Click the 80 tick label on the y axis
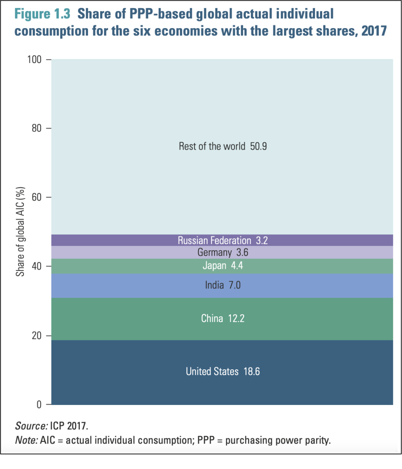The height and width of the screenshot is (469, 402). pyautogui.click(x=36, y=129)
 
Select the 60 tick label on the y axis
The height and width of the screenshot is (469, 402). pyautogui.click(x=36, y=198)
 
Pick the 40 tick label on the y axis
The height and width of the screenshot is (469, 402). pyautogui.click(x=36, y=267)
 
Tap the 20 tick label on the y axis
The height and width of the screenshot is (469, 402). pyautogui.click(x=36, y=336)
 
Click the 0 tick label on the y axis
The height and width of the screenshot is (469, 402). pyautogui.click(x=39, y=405)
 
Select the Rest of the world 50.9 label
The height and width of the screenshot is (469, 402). pyautogui.click(x=222, y=147)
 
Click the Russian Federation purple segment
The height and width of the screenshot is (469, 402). pyautogui.click(x=222, y=240)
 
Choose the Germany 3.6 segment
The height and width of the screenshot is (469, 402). pyautogui.click(x=222, y=252)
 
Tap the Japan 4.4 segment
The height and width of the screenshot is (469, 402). pyautogui.click(x=222, y=266)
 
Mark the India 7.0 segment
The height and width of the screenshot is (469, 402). pyautogui.click(x=222, y=285)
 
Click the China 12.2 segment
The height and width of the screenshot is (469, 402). pyautogui.click(x=222, y=319)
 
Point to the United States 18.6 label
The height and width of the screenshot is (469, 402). pyautogui.click(x=222, y=371)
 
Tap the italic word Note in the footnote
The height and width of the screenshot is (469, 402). pyautogui.click(x=26, y=440)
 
